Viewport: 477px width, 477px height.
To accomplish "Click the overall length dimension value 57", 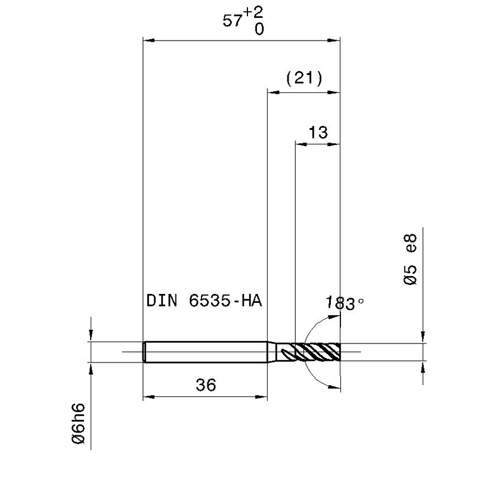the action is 233,21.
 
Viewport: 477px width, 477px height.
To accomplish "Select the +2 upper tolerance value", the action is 253,13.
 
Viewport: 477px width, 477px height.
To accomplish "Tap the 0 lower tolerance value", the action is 259,29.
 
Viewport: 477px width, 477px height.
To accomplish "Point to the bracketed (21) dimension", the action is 304,78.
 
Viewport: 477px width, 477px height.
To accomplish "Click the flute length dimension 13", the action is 318,132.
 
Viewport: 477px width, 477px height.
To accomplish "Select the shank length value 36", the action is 206,385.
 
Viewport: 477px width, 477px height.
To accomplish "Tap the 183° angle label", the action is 345,303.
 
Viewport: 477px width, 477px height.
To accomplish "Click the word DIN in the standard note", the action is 162,301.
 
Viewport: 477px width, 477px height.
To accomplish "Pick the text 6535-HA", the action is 225,301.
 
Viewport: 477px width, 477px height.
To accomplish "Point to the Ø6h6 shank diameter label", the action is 79,423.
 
